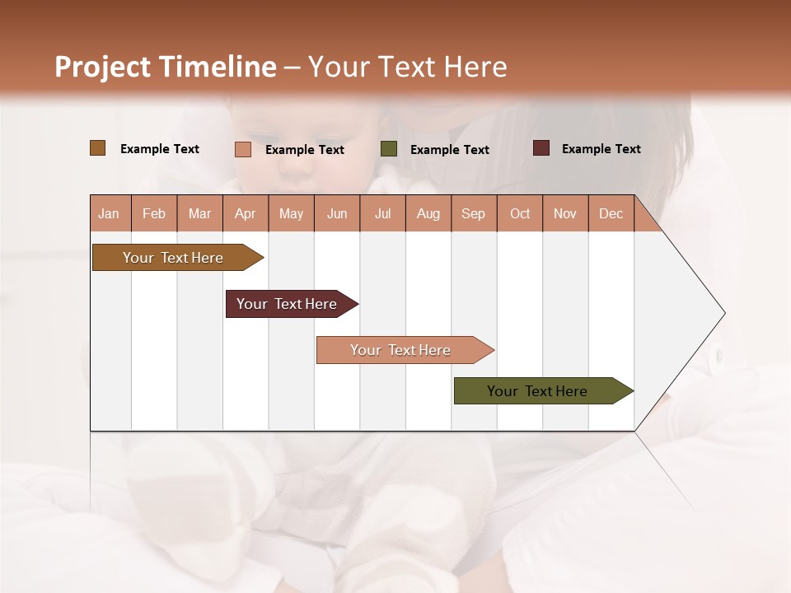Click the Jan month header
point(109,214)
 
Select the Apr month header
point(245,214)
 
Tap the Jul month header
point(382,214)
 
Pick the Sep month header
point(473,214)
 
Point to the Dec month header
point(611,214)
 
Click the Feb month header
point(154,214)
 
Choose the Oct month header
point(520,214)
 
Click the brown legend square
point(98,148)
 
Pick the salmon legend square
point(243,149)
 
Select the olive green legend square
point(389,149)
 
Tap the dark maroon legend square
point(541,148)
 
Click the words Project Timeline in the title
point(166,67)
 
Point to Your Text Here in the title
point(407,67)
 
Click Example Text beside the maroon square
point(601,149)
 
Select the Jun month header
point(337,214)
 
